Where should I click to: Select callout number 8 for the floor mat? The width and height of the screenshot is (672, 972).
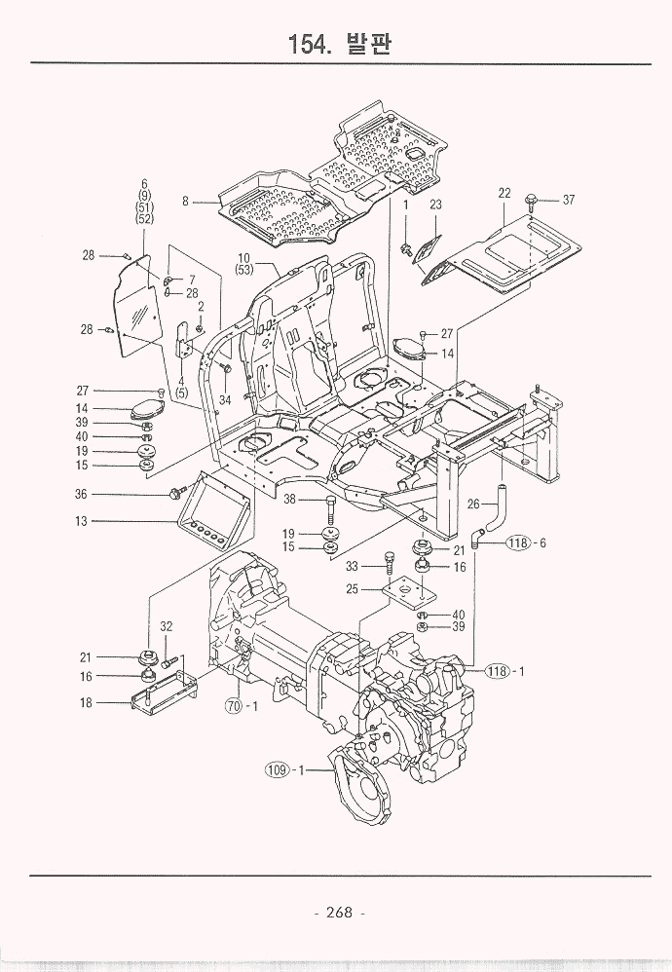tap(185, 202)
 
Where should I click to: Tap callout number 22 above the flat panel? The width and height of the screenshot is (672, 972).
tap(504, 194)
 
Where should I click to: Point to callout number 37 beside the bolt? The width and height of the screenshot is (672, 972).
tap(569, 201)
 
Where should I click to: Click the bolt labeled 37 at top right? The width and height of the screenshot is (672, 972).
tap(532, 201)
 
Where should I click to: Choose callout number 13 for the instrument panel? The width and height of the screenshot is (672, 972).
tap(83, 521)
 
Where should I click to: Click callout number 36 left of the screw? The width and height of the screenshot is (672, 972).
tap(82, 495)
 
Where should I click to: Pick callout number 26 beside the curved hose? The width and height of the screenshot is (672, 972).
tap(473, 504)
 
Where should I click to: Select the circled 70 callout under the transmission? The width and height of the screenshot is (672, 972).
tap(233, 706)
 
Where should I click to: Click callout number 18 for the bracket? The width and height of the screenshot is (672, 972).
tap(87, 702)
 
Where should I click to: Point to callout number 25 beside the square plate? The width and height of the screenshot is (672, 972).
tap(353, 589)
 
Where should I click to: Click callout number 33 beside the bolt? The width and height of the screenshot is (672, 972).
tap(353, 566)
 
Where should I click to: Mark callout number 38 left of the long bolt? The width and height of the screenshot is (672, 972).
tap(289, 500)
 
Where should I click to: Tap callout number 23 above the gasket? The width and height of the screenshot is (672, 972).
tap(435, 205)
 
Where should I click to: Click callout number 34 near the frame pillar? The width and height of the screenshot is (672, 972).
tap(225, 399)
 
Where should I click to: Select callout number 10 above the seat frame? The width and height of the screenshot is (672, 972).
tap(244, 258)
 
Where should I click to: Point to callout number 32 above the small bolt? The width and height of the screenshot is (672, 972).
tap(167, 626)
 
